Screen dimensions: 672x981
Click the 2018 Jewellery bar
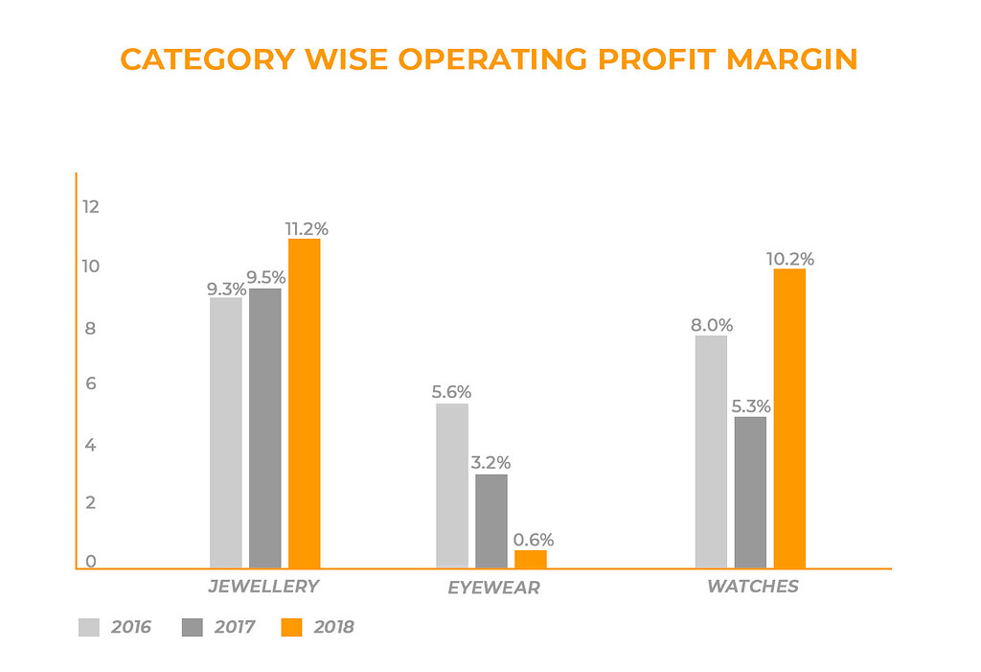click(x=304, y=404)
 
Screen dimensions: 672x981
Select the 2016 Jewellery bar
click(x=225, y=432)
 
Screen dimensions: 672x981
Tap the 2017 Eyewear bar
click(x=491, y=521)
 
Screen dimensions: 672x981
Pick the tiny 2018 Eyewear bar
click(x=531, y=559)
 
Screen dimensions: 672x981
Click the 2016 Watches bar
click(x=711, y=452)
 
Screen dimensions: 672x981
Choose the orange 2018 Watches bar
click(x=789, y=418)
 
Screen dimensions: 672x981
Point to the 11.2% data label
click(x=307, y=229)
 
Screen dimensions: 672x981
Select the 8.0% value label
click(x=711, y=325)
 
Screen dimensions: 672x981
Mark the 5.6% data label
click(x=451, y=392)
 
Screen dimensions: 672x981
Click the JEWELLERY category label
click(x=263, y=586)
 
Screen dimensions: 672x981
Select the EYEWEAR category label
click(x=493, y=588)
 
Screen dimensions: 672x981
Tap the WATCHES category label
click(x=752, y=586)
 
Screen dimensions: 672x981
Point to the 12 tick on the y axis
click(x=91, y=206)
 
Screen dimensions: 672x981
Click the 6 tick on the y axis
click(x=91, y=384)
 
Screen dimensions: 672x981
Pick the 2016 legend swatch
click(x=88, y=628)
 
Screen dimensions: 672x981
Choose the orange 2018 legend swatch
click(x=291, y=628)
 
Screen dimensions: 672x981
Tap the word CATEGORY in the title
click(x=207, y=59)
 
